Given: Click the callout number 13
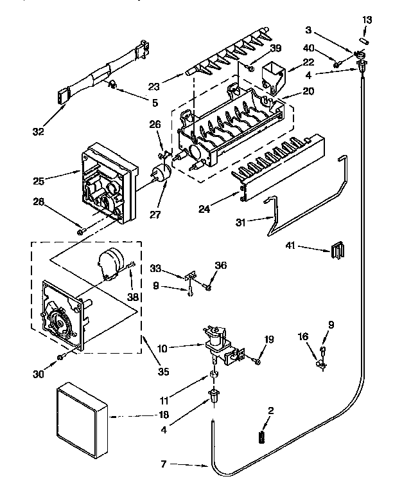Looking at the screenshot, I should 367,20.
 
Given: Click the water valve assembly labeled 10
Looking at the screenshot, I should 218,344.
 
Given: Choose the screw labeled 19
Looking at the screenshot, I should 257,362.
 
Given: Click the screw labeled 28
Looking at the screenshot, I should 80,231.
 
